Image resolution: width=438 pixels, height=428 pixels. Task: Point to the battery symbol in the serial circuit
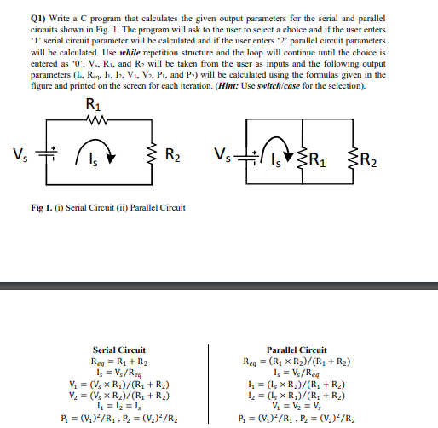[x=46, y=155]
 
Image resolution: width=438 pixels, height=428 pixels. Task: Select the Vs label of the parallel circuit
[x=228, y=155]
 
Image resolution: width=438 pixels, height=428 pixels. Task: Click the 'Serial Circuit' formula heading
[x=118, y=350]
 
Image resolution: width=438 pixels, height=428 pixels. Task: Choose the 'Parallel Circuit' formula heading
[x=296, y=350]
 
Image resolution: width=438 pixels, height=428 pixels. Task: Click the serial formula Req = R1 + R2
[x=118, y=361]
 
